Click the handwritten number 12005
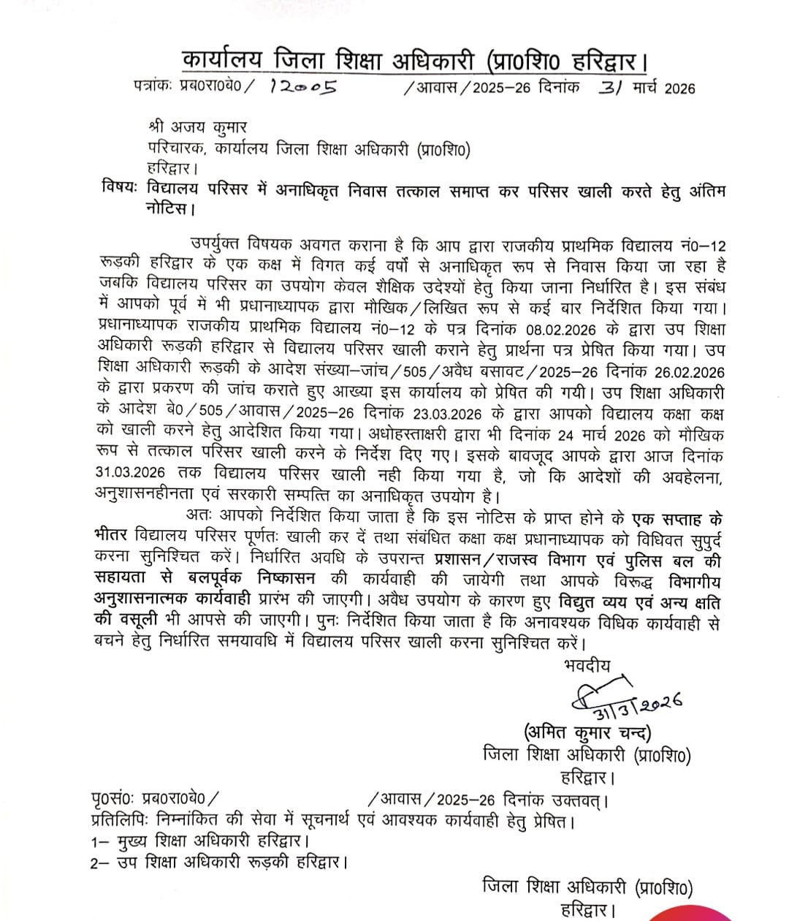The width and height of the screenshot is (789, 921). pos(302,88)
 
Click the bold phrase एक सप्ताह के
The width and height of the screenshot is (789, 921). pos(676,520)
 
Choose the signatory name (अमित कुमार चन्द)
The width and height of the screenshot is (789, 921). pos(587,732)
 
